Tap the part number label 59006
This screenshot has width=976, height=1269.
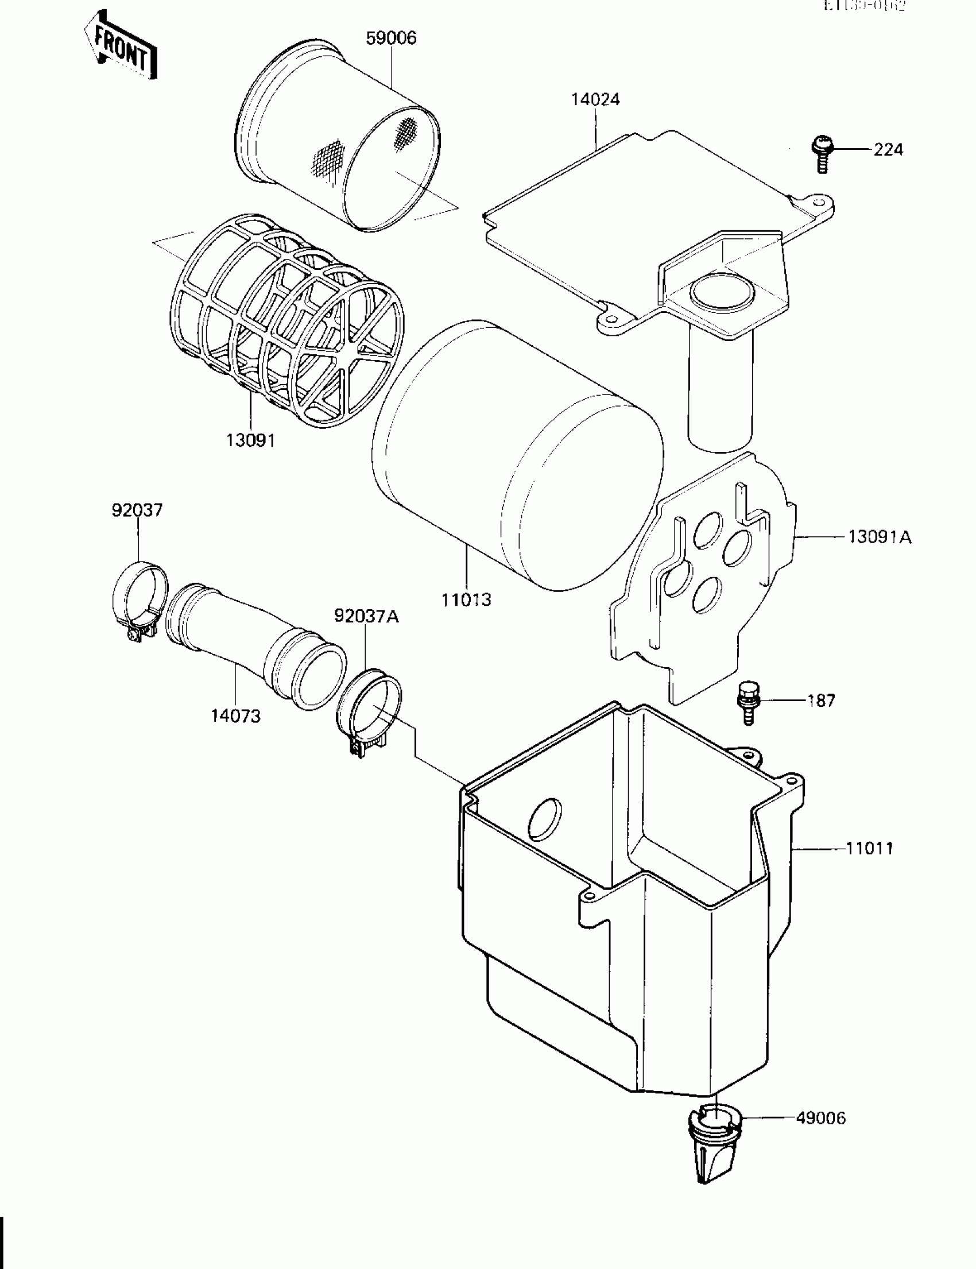[391, 38]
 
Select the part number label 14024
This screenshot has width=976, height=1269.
[595, 99]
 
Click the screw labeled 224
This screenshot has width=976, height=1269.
[822, 153]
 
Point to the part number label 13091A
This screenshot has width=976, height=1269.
[879, 537]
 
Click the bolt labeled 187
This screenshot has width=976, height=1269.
[747, 702]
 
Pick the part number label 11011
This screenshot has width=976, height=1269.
[869, 848]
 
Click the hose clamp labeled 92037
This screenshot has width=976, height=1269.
[140, 601]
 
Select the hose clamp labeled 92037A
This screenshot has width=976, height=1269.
[369, 711]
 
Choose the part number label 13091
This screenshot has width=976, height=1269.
[250, 440]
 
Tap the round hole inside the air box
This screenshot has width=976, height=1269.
[544, 819]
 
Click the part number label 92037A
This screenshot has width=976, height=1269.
[366, 616]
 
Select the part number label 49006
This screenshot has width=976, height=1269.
[820, 1117]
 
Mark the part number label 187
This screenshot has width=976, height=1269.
[821, 701]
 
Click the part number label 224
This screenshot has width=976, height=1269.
[888, 150]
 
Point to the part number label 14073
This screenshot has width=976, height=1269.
[235, 716]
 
